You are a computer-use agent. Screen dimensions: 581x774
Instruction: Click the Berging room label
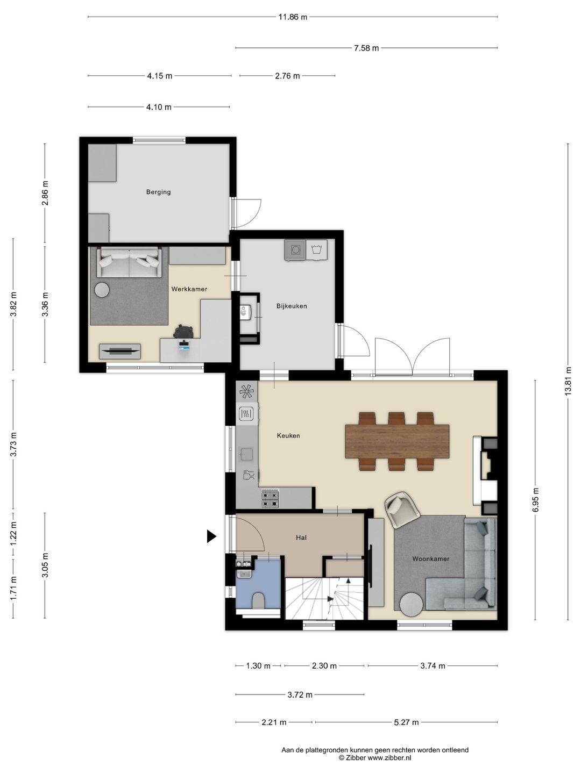click(158, 192)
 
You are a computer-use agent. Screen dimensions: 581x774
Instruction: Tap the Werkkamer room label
click(189, 289)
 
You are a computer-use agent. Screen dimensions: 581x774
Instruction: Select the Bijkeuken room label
click(292, 306)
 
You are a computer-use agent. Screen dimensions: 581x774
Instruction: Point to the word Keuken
click(288, 435)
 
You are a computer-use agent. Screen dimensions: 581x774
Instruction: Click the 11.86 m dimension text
click(293, 17)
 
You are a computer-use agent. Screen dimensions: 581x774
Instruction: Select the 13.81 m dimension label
click(568, 381)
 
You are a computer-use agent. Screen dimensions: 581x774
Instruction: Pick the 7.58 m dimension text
click(366, 48)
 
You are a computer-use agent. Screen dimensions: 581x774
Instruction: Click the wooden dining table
click(397, 441)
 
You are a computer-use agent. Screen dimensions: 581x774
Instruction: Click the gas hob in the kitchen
click(270, 498)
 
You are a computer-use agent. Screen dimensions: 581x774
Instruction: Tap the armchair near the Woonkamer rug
click(402, 510)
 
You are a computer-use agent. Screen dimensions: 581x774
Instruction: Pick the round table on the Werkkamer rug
click(102, 290)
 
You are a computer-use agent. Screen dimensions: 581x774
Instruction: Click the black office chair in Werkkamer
click(183, 332)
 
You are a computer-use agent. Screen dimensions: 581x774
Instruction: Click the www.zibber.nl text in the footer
click(389, 757)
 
